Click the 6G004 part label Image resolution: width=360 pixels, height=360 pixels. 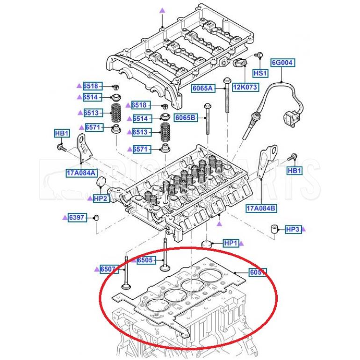click(x=283, y=62)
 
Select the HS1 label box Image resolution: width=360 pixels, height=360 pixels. click(x=260, y=73)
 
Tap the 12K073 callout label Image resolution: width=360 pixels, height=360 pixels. click(x=245, y=87)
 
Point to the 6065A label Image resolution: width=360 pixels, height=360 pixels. click(x=202, y=88)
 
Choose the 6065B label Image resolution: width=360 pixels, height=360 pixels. click(x=186, y=117)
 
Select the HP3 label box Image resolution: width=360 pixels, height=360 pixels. click(x=292, y=229)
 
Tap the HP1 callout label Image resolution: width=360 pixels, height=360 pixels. click(x=231, y=243)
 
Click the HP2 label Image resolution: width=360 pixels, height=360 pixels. click(x=101, y=199)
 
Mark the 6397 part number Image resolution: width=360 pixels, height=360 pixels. click(x=77, y=217)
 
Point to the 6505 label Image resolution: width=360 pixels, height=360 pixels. click(x=144, y=260)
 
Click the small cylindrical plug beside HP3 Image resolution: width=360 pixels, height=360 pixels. click(x=275, y=229)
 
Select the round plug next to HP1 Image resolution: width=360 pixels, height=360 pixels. click(x=207, y=244)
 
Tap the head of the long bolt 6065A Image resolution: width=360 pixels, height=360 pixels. click(x=226, y=80)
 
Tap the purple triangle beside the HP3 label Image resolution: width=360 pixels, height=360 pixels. click(x=303, y=230)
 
